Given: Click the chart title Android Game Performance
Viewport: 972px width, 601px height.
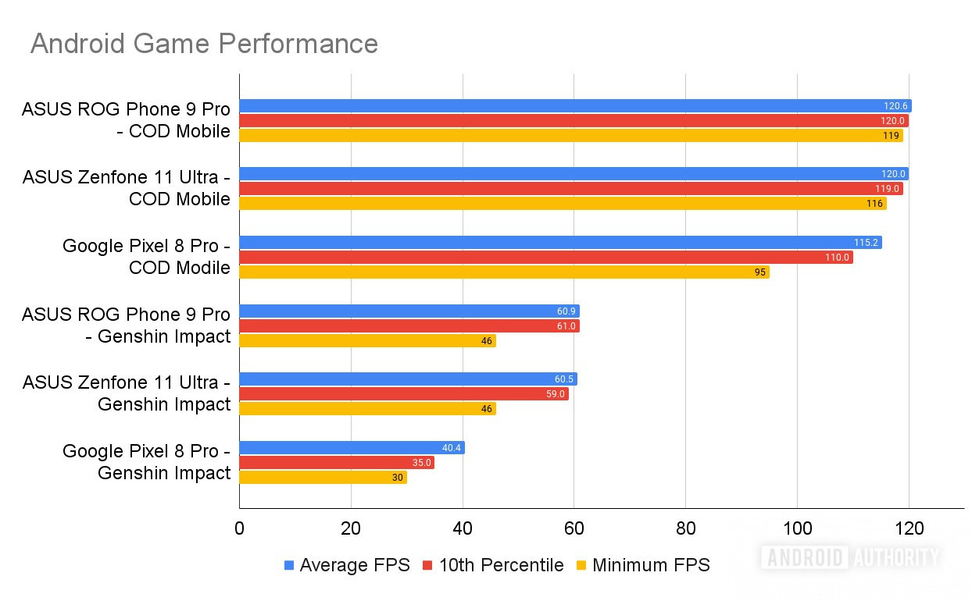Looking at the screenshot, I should (x=204, y=44).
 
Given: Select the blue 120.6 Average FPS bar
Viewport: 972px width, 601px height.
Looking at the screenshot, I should (x=575, y=106).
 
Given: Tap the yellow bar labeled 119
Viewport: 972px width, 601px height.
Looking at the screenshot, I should (x=570, y=135).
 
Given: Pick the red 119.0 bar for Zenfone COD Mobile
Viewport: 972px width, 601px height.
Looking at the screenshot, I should (x=570, y=189).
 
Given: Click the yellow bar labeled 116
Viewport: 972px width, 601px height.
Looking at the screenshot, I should (x=563, y=204).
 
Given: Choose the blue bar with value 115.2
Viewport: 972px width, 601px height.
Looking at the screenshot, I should (x=560, y=243).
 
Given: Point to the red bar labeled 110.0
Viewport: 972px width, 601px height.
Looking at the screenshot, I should (x=545, y=257).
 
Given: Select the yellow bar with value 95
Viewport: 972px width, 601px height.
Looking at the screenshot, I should (x=504, y=272).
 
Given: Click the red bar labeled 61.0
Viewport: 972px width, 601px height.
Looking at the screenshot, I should (x=409, y=325).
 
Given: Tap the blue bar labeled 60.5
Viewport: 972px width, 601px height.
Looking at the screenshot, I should (x=408, y=379).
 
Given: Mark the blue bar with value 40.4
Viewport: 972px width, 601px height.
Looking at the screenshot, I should (x=352, y=448).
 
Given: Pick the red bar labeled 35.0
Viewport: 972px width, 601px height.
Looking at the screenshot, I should (x=336, y=462).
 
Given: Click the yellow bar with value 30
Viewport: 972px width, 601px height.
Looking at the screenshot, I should (x=323, y=477).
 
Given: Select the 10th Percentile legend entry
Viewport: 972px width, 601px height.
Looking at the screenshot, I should (x=493, y=565).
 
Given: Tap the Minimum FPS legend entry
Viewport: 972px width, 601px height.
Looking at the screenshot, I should (x=643, y=565).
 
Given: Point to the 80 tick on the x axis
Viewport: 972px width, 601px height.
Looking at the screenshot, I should (x=685, y=528).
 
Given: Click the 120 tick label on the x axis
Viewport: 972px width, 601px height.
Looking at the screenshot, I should (x=909, y=528).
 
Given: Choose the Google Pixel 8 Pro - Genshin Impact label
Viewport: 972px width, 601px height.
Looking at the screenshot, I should (x=146, y=462).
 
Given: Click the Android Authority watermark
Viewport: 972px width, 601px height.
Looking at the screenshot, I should (x=849, y=557).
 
